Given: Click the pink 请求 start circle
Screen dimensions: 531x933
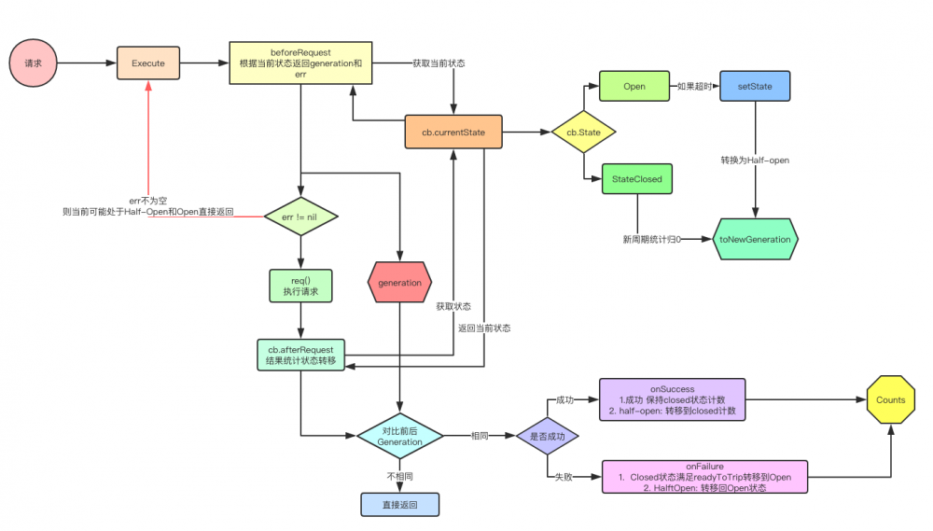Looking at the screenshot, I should (x=34, y=63).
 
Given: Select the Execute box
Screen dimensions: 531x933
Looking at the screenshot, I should (x=148, y=63).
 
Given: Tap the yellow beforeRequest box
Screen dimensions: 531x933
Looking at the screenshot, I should (x=300, y=63).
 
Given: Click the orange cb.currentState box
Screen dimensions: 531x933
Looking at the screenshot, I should (x=453, y=133).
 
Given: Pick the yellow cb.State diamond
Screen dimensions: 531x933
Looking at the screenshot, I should (x=583, y=133).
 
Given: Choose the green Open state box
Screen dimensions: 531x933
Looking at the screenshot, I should (x=634, y=87).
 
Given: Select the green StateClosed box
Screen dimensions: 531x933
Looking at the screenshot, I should (x=636, y=178).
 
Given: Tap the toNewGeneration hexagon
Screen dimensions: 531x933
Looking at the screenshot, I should (x=755, y=239).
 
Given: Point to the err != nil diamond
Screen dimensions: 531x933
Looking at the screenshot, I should (x=301, y=217).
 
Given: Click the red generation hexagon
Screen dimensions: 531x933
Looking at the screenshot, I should (x=400, y=282).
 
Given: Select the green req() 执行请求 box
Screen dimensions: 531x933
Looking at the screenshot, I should (x=301, y=285).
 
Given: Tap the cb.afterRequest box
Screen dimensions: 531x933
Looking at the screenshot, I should (x=300, y=356).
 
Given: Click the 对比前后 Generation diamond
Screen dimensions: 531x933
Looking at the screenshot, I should (x=400, y=435).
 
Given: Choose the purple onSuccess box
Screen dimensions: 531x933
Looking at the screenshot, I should (x=673, y=398).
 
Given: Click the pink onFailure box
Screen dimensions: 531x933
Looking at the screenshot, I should (x=705, y=476).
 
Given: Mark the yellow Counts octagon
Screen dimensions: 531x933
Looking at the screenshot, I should (x=890, y=399).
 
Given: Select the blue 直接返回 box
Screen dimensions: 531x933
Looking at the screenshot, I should (x=399, y=504).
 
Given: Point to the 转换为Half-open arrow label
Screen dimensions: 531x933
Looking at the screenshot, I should (x=755, y=160).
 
